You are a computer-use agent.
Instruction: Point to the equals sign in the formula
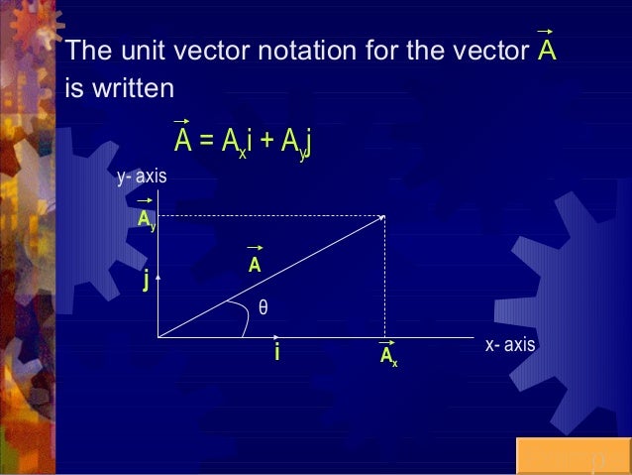click(206, 143)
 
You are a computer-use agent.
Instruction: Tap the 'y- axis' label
click(142, 178)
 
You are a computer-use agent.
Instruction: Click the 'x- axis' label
click(510, 345)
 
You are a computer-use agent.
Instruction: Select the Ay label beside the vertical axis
click(147, 219)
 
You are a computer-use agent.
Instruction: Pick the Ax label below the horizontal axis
click(388, 357)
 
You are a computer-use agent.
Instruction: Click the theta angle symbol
click(263, 307)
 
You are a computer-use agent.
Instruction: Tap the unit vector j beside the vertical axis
click(146, 283)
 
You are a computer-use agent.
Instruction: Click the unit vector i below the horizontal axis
click(277, 352)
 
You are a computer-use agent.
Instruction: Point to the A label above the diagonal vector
click(255, 265)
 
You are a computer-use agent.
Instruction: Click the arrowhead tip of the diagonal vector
click(384, 217)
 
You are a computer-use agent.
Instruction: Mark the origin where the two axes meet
click(158, 337)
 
